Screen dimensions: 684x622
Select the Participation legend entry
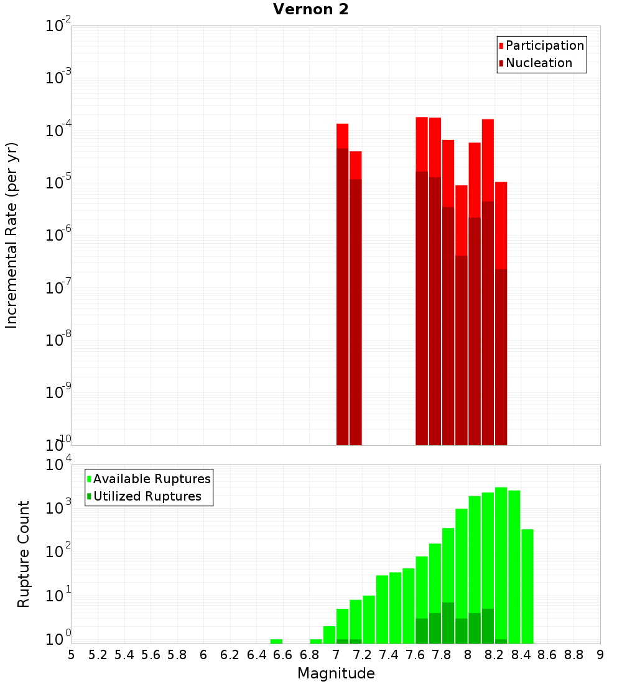tap(544, 45)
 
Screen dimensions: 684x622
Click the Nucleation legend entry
tap(538, 63)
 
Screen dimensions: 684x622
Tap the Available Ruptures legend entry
tap(151, 479)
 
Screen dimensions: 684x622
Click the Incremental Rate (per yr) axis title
tap(11, 235)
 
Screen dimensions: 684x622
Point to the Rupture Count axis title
tap(23, 554)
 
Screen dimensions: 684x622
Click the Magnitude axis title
tap(336, 673)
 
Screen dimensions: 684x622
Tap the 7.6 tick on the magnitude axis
tap(415, 655)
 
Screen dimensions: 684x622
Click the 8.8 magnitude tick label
tap(573, 655)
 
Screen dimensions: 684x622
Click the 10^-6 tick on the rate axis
tap(58, 235)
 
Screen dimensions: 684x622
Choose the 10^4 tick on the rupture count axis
tap(58, 465)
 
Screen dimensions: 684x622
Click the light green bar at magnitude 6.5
tap(276, 641)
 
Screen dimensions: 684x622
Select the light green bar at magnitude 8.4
tap(527, 585)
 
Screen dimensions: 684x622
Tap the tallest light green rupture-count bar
tap(501, 560)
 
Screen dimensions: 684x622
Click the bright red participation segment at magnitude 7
tap(342, 136)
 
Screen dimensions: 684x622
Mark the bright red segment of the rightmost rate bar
tap(501, 224)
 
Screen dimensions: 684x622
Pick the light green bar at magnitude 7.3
tap(382, 609)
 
